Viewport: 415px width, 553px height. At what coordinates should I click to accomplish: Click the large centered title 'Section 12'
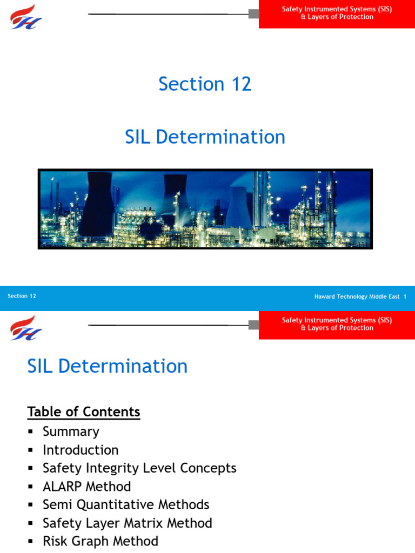(205, 84)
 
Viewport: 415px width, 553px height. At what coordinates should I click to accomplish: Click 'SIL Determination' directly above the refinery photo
(205, 137)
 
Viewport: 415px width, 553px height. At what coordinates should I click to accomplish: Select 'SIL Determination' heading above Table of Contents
(107, 366)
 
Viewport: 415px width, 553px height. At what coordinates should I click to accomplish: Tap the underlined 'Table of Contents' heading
(84, 412)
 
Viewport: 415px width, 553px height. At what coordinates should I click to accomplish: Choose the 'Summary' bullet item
(71, 431)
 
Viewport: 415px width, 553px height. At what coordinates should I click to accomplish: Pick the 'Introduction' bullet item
(81, 450)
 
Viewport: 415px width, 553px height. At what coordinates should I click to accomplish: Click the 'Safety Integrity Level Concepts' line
(139, 468)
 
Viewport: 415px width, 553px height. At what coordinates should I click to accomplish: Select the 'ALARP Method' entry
(86, 487)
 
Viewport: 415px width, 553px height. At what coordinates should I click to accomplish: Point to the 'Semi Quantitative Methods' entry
(126, 505)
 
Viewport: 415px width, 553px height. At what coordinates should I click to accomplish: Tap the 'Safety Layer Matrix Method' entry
(128, 523)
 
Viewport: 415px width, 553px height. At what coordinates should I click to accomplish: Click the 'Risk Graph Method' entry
(101, 542)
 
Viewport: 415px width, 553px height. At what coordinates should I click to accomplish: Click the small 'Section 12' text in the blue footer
(22, 296)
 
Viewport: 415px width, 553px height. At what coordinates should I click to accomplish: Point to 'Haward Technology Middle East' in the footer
(357, 296)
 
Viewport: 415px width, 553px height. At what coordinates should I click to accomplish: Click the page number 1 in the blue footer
(405, 296)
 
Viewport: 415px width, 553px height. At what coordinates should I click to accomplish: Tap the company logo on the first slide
(25, 16)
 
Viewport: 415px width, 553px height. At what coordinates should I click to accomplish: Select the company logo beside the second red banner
(25, 327)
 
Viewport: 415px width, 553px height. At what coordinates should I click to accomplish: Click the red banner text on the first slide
(337, 13)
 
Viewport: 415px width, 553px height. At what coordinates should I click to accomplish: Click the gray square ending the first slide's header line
(253, 14)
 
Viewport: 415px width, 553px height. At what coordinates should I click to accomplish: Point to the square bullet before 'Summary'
(30, 431)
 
